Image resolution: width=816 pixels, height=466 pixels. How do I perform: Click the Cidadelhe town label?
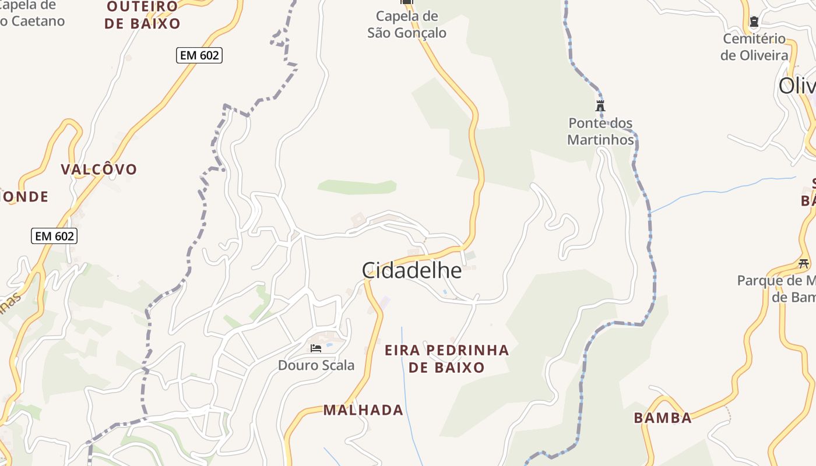(411, 270)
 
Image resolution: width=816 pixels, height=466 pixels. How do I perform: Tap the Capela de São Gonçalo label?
(407, 24)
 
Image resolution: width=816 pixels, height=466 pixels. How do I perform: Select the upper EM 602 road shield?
(199, 55)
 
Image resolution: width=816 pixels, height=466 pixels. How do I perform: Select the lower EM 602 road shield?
(54, 236)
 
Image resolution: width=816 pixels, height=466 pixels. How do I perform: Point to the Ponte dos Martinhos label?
(600, 132)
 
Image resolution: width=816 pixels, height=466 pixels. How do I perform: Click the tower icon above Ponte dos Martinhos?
(600, 105)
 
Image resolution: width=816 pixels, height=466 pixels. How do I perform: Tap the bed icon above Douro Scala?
(316, 348)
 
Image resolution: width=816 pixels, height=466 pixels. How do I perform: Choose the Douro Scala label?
(316, 365)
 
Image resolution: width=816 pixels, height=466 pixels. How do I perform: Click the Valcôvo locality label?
(99, 170)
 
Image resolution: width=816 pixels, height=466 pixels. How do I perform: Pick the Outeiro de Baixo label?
(143, 15)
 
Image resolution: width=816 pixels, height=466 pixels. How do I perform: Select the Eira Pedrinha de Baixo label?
(446, 359)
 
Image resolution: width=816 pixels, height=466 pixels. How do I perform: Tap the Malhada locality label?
(363, 410)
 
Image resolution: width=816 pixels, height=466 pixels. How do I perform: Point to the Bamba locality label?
(663, 418)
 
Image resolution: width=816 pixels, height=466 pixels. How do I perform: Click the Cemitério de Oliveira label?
(754, 47)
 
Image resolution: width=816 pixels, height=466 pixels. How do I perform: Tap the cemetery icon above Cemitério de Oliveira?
(754, 22)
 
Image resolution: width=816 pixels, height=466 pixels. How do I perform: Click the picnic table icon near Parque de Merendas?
(804, 263)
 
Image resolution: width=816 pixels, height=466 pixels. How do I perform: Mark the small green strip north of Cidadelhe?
(357, 187)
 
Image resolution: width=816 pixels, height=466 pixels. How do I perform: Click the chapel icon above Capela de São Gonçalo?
(407, 2)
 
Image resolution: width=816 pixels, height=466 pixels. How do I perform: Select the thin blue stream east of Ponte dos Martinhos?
(723, 190)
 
